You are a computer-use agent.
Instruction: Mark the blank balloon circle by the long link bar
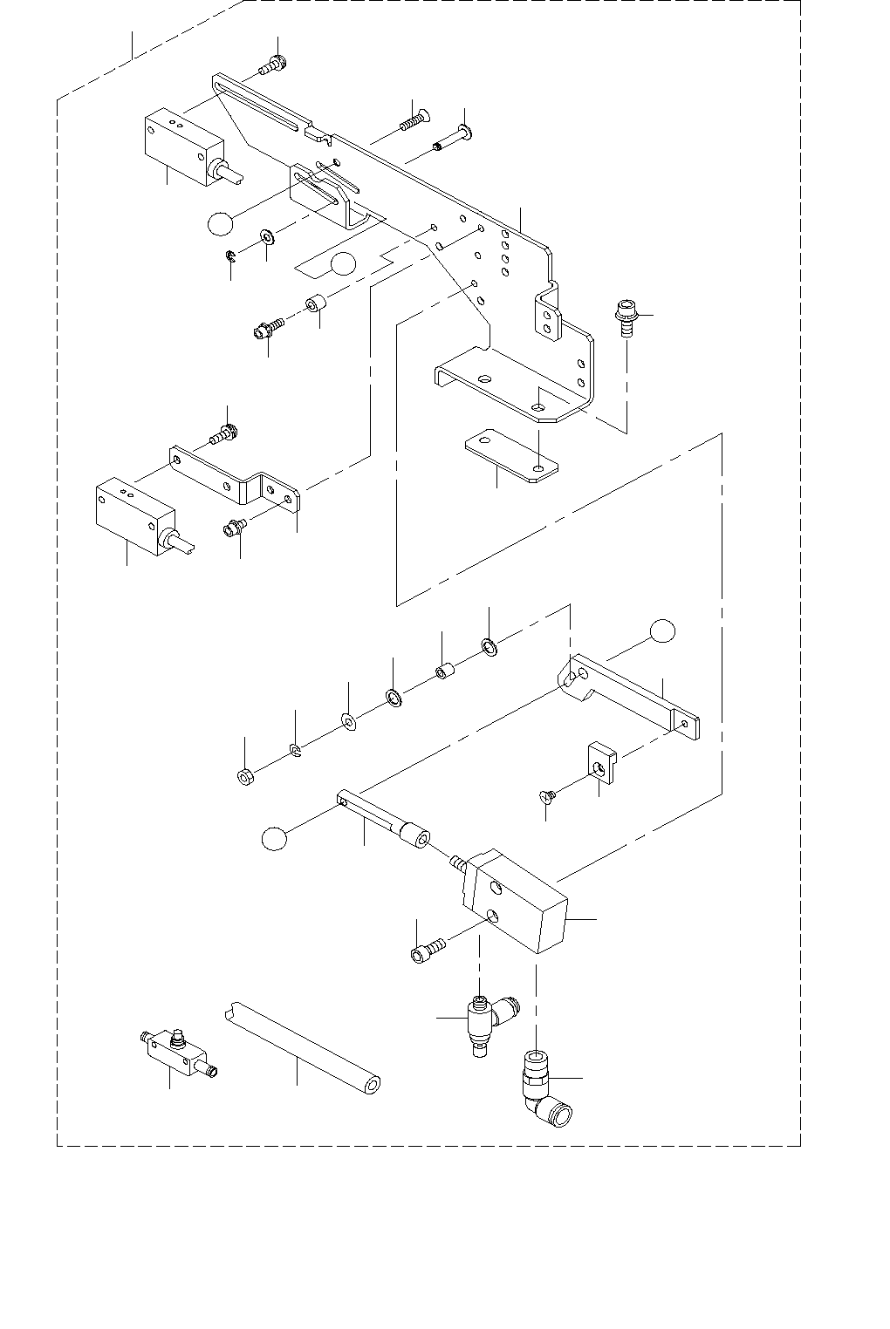click(x=662, y=630)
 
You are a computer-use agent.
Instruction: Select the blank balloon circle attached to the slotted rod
click(x=274, y=838)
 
